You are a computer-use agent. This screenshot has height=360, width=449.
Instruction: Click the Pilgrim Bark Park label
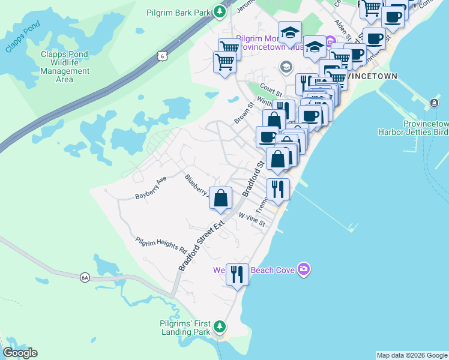(179, 12)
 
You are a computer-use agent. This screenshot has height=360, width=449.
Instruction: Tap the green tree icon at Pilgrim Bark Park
(220, 11)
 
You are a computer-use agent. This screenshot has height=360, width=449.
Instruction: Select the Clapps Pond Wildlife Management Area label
(64, 67)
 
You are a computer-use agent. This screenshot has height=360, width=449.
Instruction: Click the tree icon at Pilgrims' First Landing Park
(220, 326)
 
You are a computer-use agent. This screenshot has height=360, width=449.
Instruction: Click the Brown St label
(242, 113)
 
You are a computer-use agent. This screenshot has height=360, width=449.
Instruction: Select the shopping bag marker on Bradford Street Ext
(221, 198)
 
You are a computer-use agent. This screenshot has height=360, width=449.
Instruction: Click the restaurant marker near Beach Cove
(238, 275)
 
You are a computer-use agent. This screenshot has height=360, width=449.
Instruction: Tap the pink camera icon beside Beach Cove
(304, 269)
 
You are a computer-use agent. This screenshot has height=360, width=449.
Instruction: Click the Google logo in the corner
(20, 353)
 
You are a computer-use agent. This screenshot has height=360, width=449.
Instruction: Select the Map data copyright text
(412, 355)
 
